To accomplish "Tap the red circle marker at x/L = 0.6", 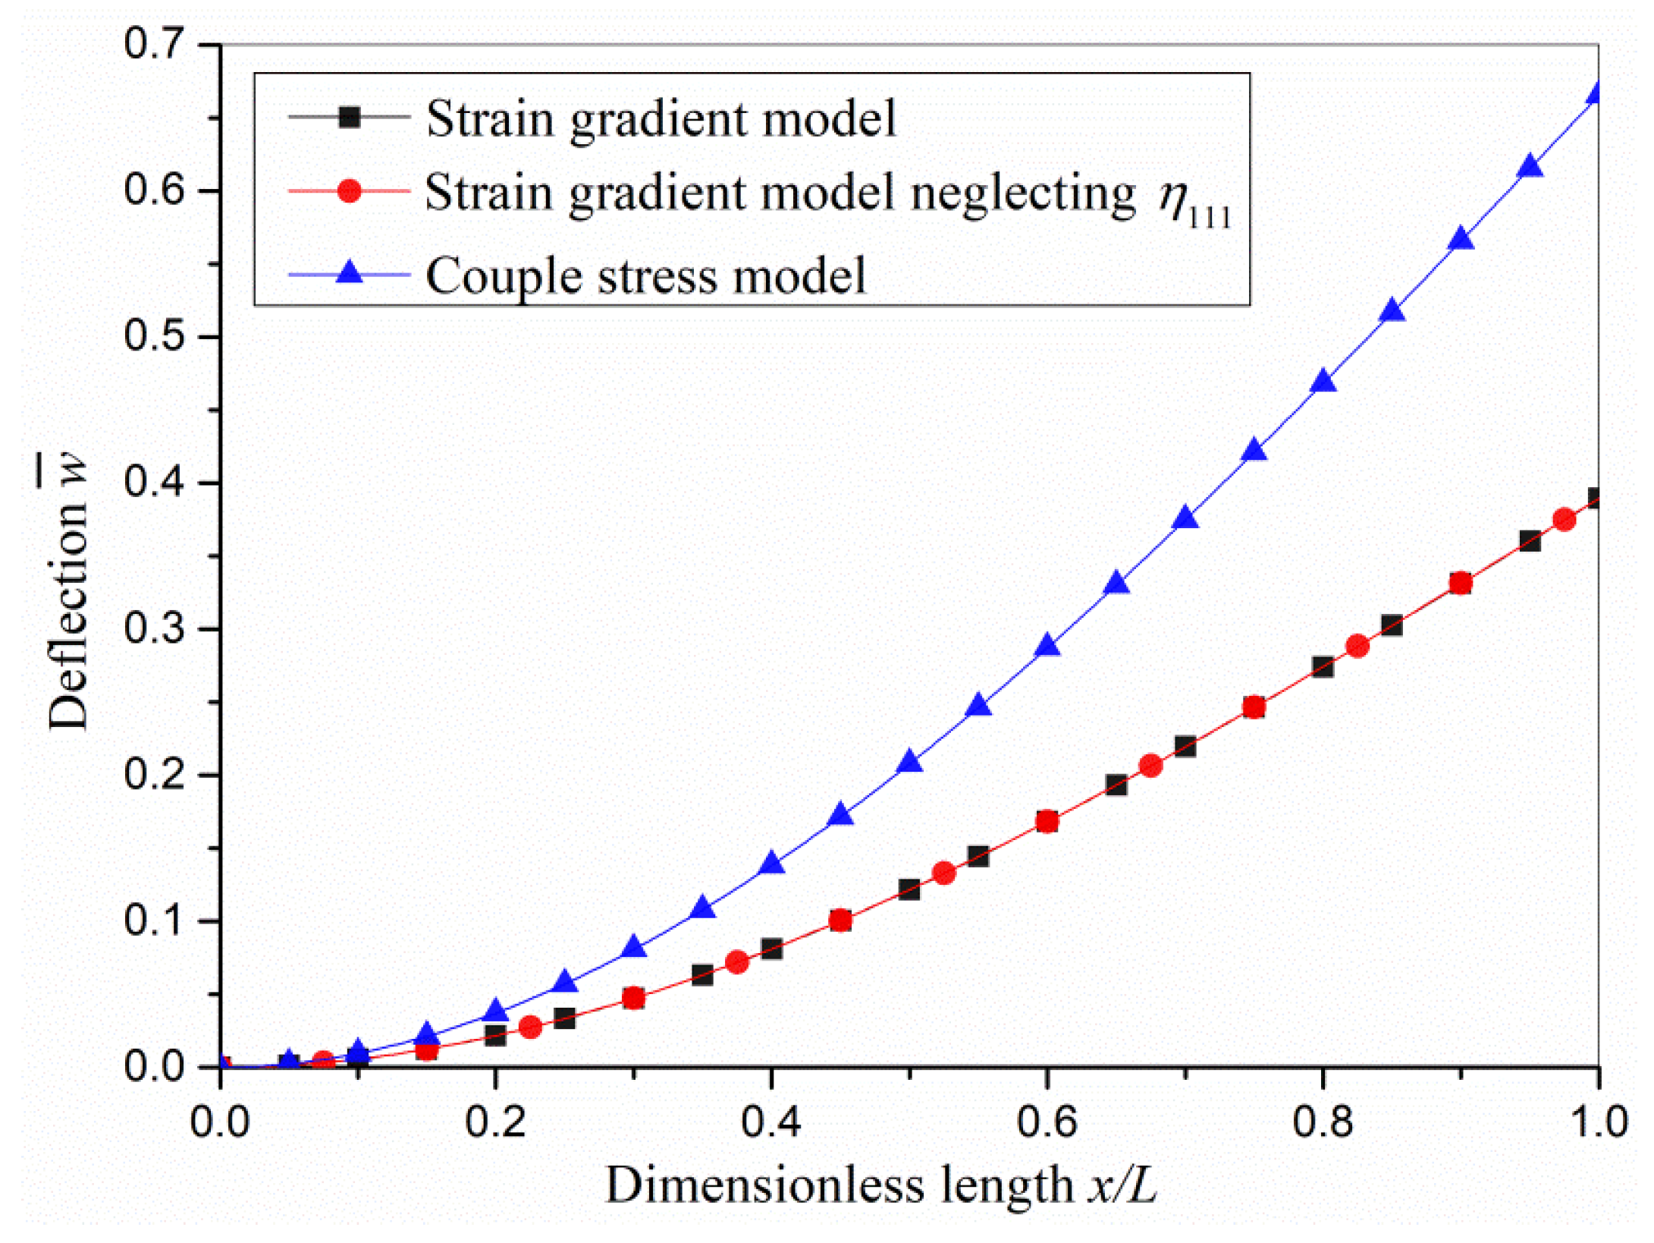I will [x=1047, y=821].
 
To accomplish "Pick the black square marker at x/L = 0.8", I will [x=1323, y=667].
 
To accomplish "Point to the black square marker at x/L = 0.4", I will [x=771, y=949].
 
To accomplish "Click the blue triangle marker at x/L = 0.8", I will [x=1323, y=382].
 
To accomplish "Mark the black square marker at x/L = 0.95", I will [x=1530, y=541].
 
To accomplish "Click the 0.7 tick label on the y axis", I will [x=154, y=44].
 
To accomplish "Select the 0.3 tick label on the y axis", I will [x=154, y=629].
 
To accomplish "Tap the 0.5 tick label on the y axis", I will [x=154, y=336].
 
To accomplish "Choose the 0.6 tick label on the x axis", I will [x=1047, y=1122].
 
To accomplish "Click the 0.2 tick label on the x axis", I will [x=495, y=1122].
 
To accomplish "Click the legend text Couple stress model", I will [x=645, y=275].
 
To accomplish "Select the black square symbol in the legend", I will [x=349, y=118].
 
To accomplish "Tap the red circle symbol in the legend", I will [x=349, y=190].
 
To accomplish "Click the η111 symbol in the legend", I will [x=1192, y=203].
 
